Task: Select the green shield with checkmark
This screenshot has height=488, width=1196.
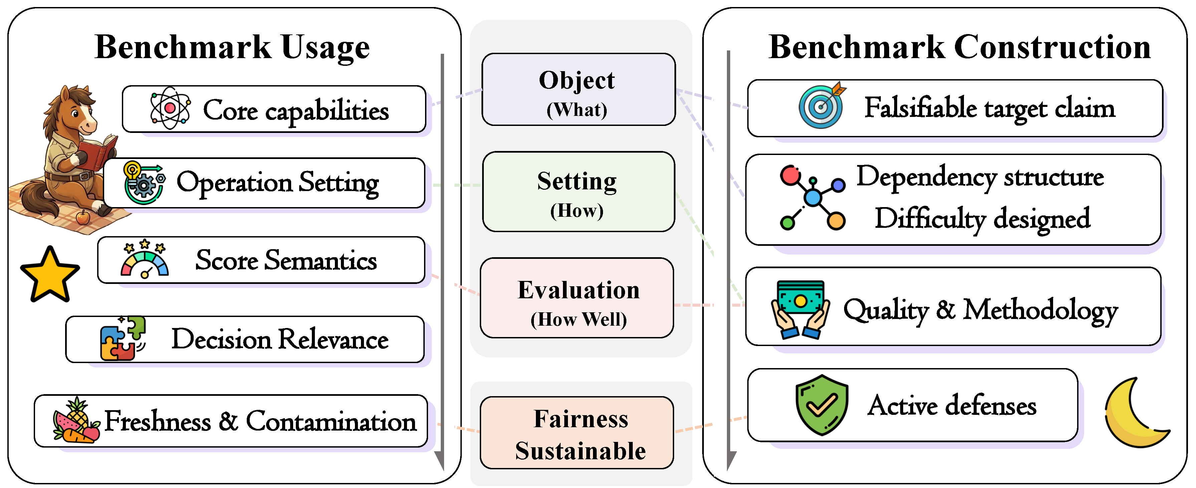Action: [x=821, y=405]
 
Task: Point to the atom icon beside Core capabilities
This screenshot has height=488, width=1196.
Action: [x=170, y=108]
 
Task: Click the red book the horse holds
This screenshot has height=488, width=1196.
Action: [x=97, y=151]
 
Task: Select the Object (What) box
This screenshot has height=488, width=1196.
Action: [x=579, y=90]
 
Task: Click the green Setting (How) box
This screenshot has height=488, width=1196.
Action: [x=579, y=191]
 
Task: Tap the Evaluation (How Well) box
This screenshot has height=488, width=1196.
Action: [x=577, y=298]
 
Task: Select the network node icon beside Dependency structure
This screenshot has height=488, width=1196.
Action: [x=812, y=197]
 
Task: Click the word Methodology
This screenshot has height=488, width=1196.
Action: [x=1040, y=311]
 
